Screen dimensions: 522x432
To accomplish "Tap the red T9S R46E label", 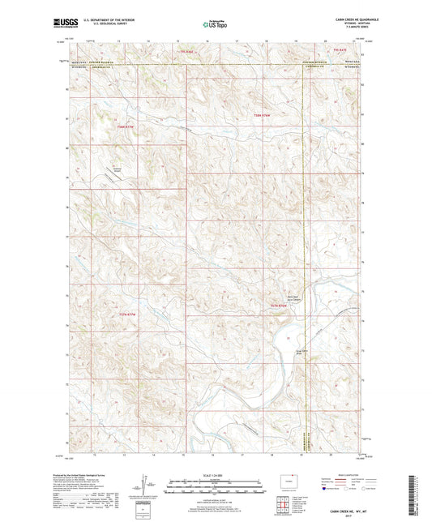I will (188, 52).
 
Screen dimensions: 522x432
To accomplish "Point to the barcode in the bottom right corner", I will (422, 497).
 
